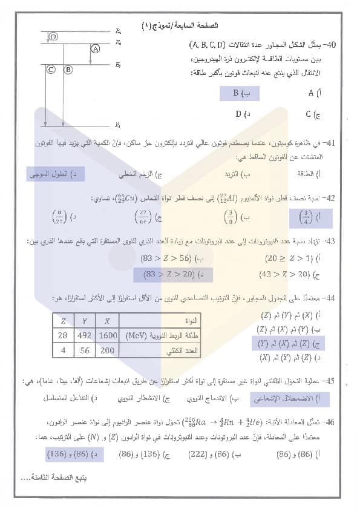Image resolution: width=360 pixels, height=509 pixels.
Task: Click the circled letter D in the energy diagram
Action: [x=53, y=37]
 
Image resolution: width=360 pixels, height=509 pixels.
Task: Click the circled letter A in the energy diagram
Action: [x=95, y=48]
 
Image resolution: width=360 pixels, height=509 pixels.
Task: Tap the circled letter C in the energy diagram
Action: [x=51, y=70]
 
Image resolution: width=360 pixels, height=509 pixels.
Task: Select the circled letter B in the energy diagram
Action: [x=68, y=70]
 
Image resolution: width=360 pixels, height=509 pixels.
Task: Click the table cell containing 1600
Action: [x=107, y=335]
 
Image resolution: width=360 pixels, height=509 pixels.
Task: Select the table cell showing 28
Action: [x=62, y=335]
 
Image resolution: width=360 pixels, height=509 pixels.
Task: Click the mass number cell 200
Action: [x=107, y=350]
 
